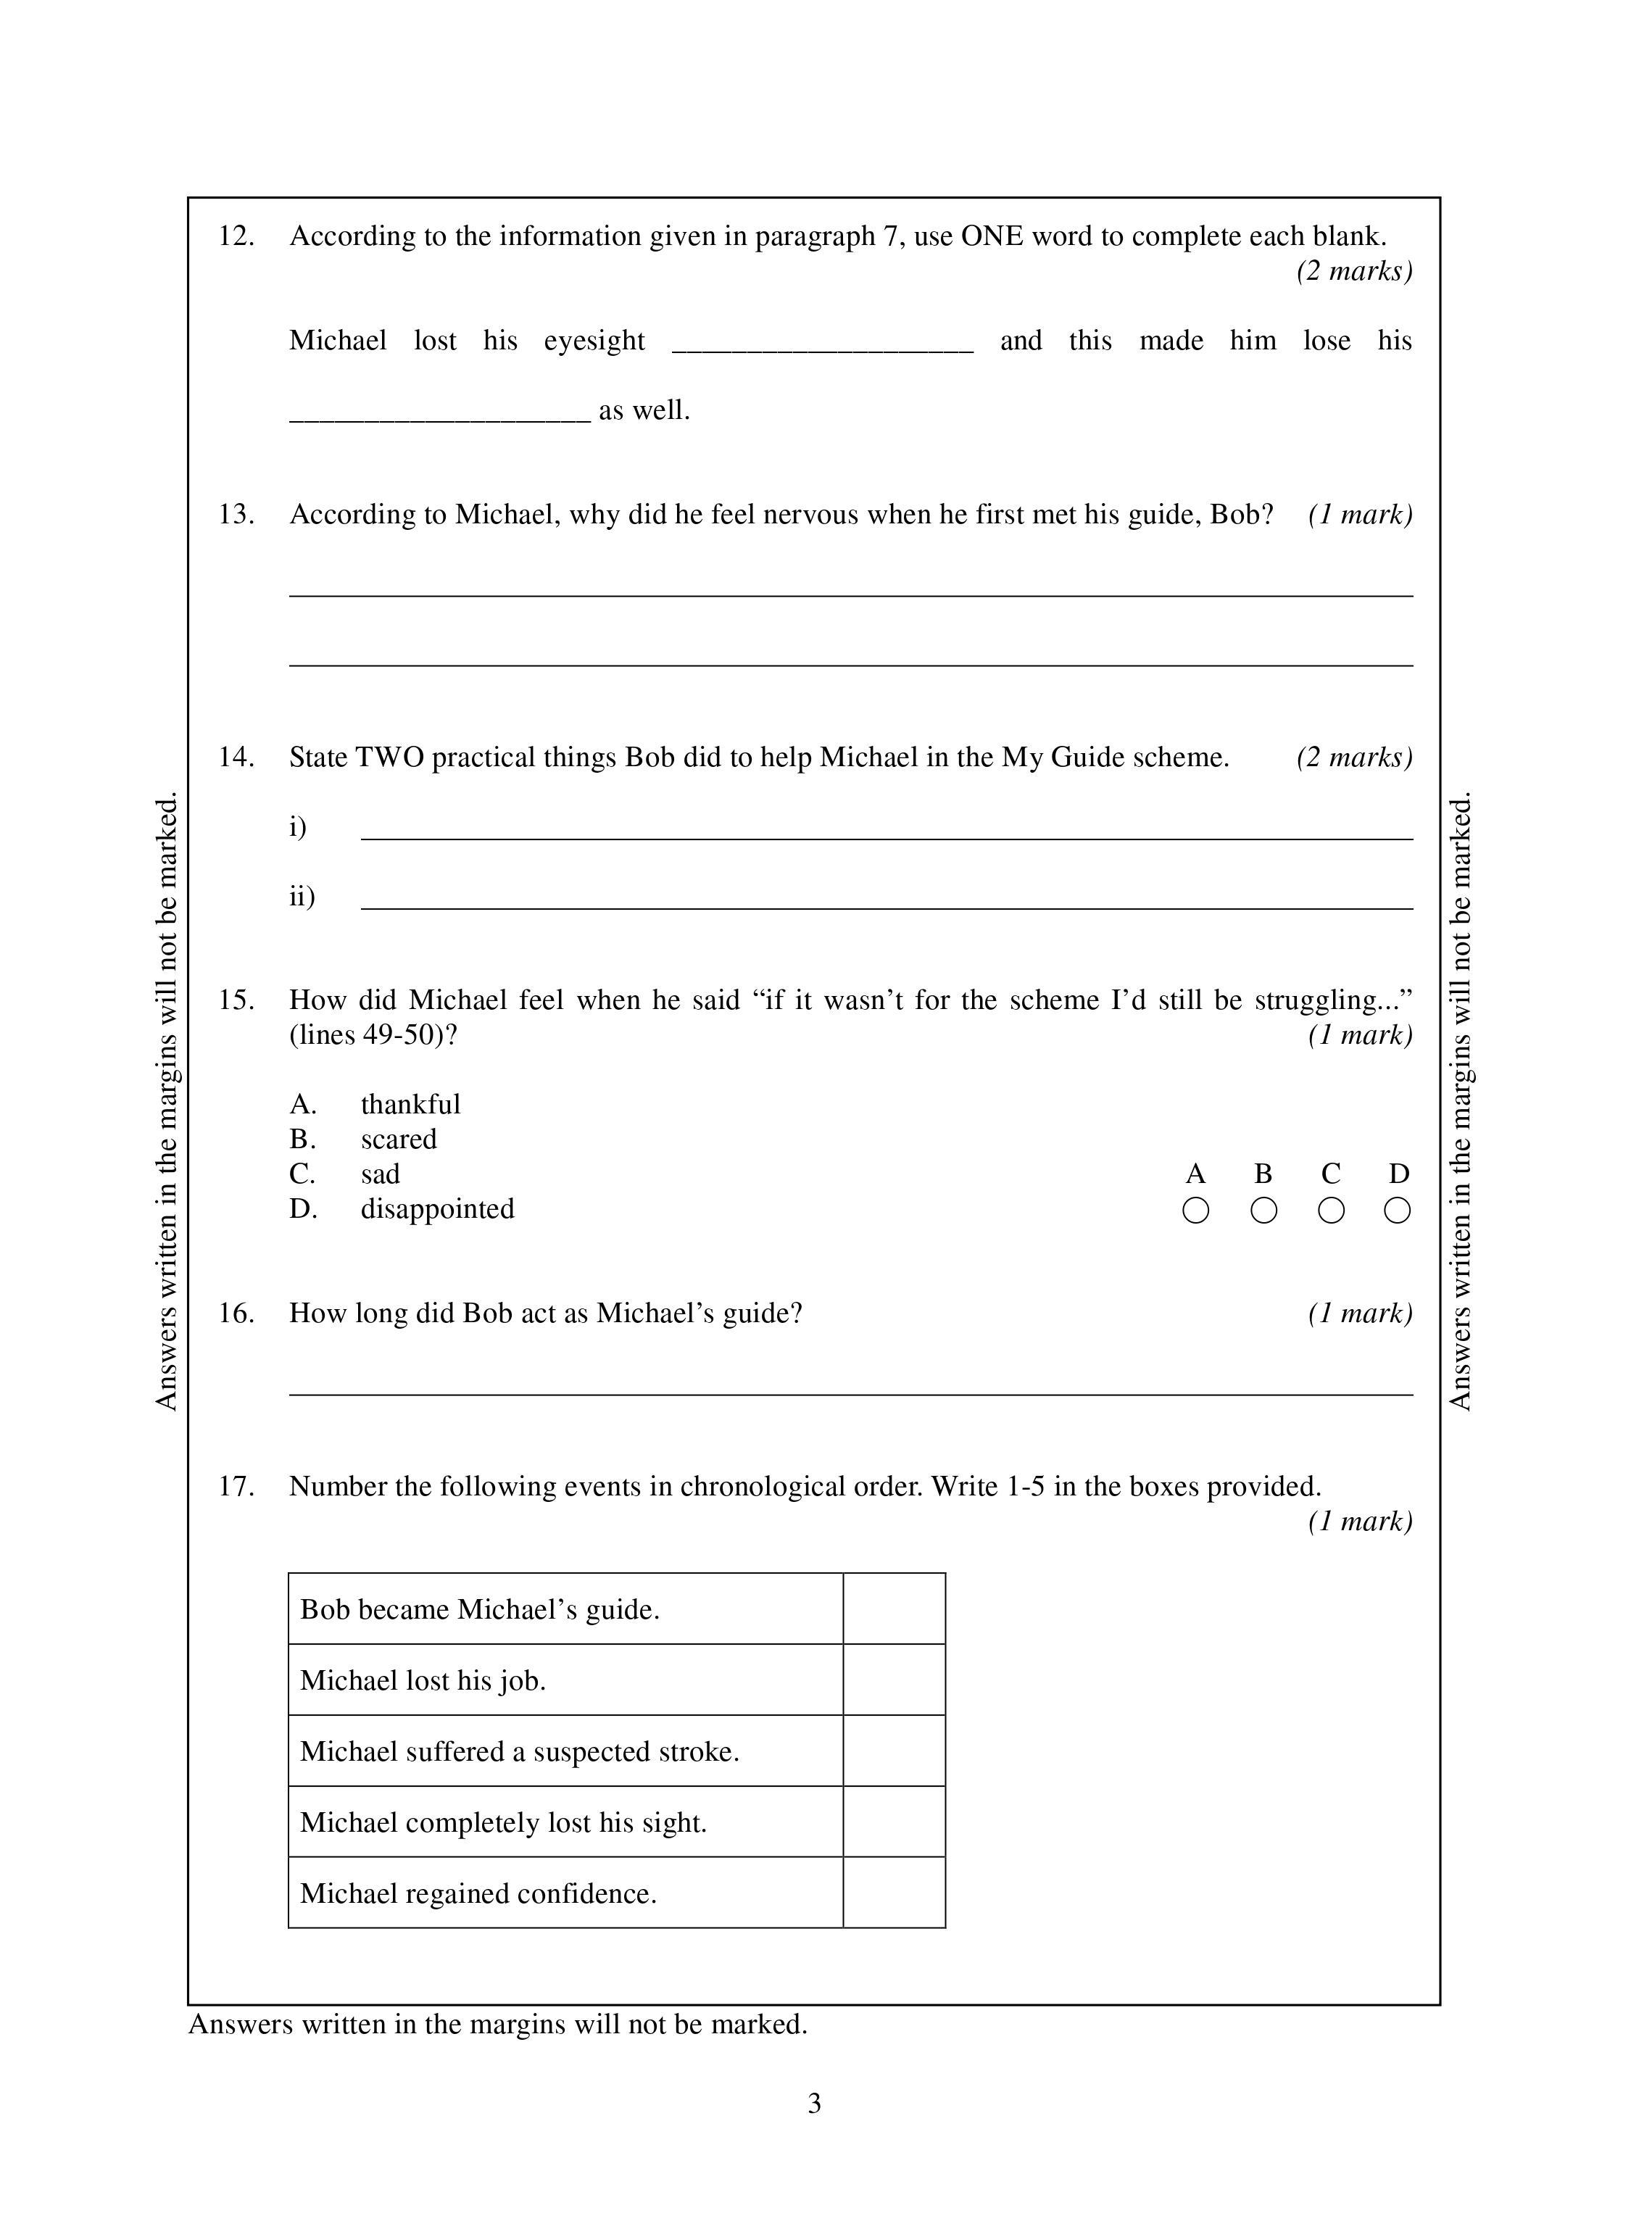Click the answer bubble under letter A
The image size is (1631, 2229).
(1195, 1211)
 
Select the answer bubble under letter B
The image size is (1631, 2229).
(1263, 1211)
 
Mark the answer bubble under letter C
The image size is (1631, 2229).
(1331, 1211)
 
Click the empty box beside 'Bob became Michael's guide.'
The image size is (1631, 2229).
(894, 1609)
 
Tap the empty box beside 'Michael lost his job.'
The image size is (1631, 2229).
(894, 1680)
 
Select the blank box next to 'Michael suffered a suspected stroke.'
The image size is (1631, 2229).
(894, 1751)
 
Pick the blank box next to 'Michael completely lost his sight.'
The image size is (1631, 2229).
(894, 1822)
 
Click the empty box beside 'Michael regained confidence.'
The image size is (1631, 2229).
(894, 1893)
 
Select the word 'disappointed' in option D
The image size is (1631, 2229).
(436, 1208)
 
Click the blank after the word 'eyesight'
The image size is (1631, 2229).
(823, 346)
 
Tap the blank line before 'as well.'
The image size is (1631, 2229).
(439, 415)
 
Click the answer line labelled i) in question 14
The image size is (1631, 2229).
(887, 834)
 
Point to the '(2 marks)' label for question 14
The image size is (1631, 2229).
(1353, 757)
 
